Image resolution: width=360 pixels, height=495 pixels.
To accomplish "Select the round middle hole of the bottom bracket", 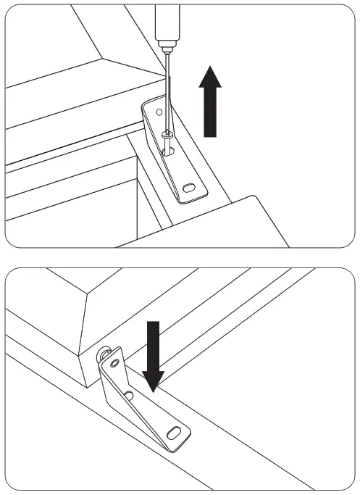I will (x=128, y=395).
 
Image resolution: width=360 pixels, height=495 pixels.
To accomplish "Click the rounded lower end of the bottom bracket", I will (x=183, y=438).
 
